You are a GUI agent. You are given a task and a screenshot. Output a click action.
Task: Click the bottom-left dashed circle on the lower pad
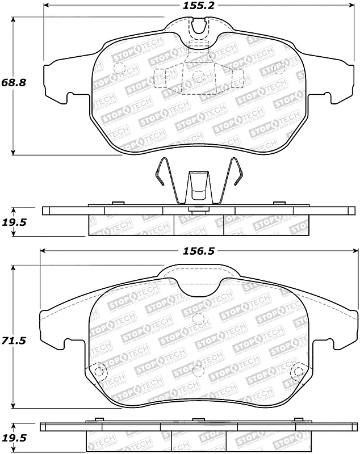99,372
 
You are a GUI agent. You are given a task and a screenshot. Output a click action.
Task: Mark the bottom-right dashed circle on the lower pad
297,372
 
